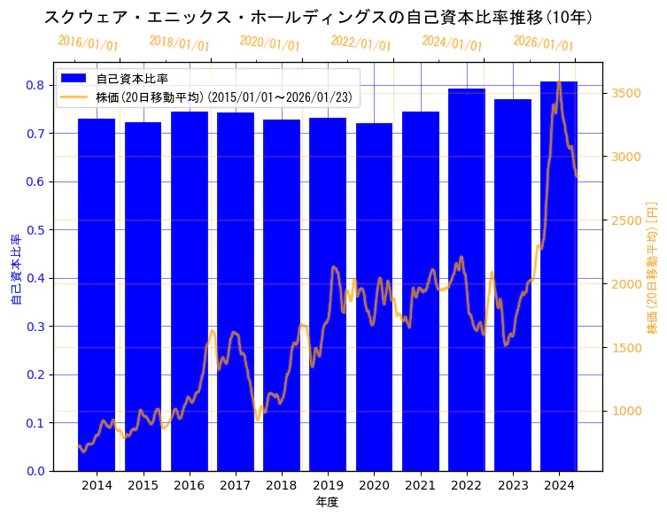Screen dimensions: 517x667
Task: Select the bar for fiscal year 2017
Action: pos(236,291)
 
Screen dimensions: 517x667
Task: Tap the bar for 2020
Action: pos(374,297)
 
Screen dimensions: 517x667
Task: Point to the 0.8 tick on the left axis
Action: pos(35,85)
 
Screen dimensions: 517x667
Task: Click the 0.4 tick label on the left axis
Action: pos(35,278)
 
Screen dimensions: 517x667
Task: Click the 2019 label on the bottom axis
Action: pos(328,485)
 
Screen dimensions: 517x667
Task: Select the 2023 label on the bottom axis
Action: pos(513,485)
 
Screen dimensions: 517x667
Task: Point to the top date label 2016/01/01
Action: pos(88,42)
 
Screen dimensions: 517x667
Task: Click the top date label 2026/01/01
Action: pos(543,43)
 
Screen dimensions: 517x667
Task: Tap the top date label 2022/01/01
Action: pos(361,43)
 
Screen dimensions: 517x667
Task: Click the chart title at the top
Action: pos(318,17)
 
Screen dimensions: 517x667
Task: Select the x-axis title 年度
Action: pos(327,502)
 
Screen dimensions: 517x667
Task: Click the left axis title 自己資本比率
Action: pos(15,270)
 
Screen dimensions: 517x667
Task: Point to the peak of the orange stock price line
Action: pos(559,82)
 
